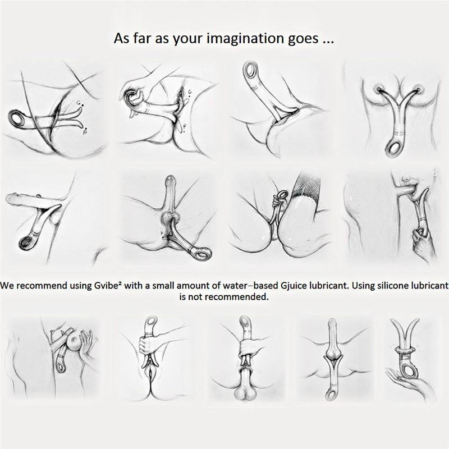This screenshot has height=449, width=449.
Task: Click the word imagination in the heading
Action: point(245,38)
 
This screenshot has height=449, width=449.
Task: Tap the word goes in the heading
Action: point(303,39)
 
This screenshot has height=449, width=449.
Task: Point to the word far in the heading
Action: point(142,38)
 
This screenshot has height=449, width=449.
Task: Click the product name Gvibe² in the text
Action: point(106,286)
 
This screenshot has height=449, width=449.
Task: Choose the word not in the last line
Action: point(195,297)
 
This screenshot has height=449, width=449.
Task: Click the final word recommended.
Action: point(237,297)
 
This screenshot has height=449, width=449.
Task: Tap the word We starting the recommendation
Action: point(6,286)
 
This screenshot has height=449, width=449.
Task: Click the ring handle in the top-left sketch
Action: point(16,118)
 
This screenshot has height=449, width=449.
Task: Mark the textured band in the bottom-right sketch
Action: point(405,350)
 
